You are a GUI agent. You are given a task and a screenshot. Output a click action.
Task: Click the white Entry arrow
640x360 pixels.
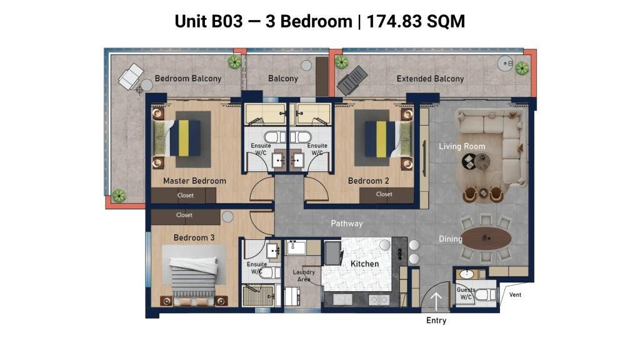pos(436,302)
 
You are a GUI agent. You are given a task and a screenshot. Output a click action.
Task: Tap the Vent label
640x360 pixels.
pos(515,295)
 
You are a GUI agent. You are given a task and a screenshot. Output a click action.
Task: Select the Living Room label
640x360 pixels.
pos(462,146)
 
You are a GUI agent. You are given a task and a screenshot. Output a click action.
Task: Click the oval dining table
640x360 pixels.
pos(486,238)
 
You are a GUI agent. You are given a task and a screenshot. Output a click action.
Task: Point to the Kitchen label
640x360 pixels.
pos(364,264)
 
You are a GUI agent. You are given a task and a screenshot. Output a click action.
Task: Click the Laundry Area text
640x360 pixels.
pos(304,276)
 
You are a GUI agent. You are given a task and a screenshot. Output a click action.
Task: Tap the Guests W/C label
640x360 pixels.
pos(466,293)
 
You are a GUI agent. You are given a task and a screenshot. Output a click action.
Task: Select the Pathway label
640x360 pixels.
pos(346,223)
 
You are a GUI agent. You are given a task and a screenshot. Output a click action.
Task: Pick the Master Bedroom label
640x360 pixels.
pos(195,181)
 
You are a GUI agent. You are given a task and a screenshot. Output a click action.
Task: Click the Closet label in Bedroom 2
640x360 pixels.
pos(384,194)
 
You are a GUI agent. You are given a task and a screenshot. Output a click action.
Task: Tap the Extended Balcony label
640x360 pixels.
pos(430,79)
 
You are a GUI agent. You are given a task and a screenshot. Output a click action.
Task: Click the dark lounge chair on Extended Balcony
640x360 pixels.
pos(352,80)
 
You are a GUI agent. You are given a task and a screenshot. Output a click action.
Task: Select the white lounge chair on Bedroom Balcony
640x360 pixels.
pos(131,76)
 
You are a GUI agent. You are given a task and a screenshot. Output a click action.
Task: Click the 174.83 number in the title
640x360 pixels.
pos(390,21)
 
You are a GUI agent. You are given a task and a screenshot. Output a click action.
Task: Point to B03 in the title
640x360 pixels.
pos(226,21)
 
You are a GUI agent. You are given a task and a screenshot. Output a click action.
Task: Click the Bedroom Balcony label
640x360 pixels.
pos(187,78)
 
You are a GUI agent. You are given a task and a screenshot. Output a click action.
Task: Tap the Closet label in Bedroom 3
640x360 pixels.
pos(184,215)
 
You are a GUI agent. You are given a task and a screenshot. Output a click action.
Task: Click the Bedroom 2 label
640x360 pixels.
pos(369,181)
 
